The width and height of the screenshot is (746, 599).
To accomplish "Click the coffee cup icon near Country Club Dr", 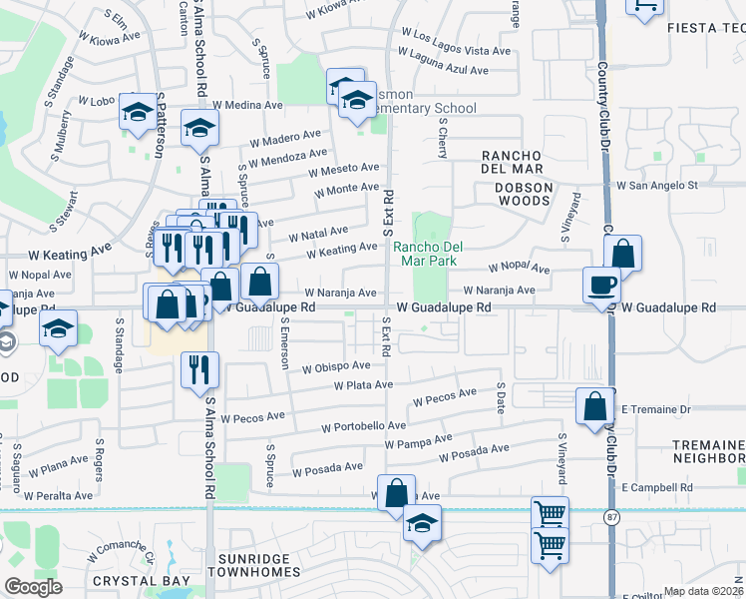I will click(603, 285).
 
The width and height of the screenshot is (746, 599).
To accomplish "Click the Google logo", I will click(33, 587).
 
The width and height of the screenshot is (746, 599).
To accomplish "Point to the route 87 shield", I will click(611, 516).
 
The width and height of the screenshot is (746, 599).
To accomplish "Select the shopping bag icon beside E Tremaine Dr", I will click(595, 406).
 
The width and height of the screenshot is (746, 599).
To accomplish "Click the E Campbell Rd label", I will click(656, 487).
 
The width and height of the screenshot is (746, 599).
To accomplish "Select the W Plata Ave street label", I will click(364, 384).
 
